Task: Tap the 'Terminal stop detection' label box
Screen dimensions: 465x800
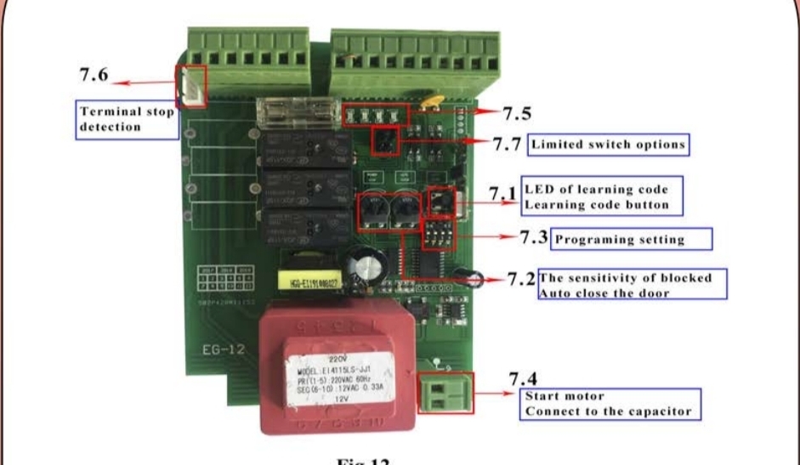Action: point(127,119)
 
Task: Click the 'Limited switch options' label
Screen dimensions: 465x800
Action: point(607,145)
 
